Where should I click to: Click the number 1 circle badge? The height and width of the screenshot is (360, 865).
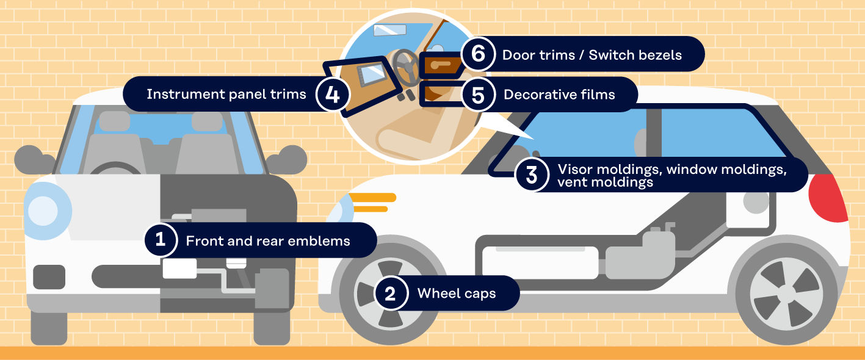160,240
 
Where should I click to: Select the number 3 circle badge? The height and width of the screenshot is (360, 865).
532,175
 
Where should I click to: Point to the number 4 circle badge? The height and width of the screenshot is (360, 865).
332,95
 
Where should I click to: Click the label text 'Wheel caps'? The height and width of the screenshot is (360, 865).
456,293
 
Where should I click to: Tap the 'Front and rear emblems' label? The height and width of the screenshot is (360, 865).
268,241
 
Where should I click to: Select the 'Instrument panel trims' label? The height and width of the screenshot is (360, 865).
226,95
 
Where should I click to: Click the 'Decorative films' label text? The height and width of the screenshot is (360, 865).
559,95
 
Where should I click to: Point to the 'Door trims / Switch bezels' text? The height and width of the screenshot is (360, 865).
592,55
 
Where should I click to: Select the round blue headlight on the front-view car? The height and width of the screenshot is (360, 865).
44,211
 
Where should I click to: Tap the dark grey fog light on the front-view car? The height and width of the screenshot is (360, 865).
49,276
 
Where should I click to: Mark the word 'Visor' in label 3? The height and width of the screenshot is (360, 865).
574,169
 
